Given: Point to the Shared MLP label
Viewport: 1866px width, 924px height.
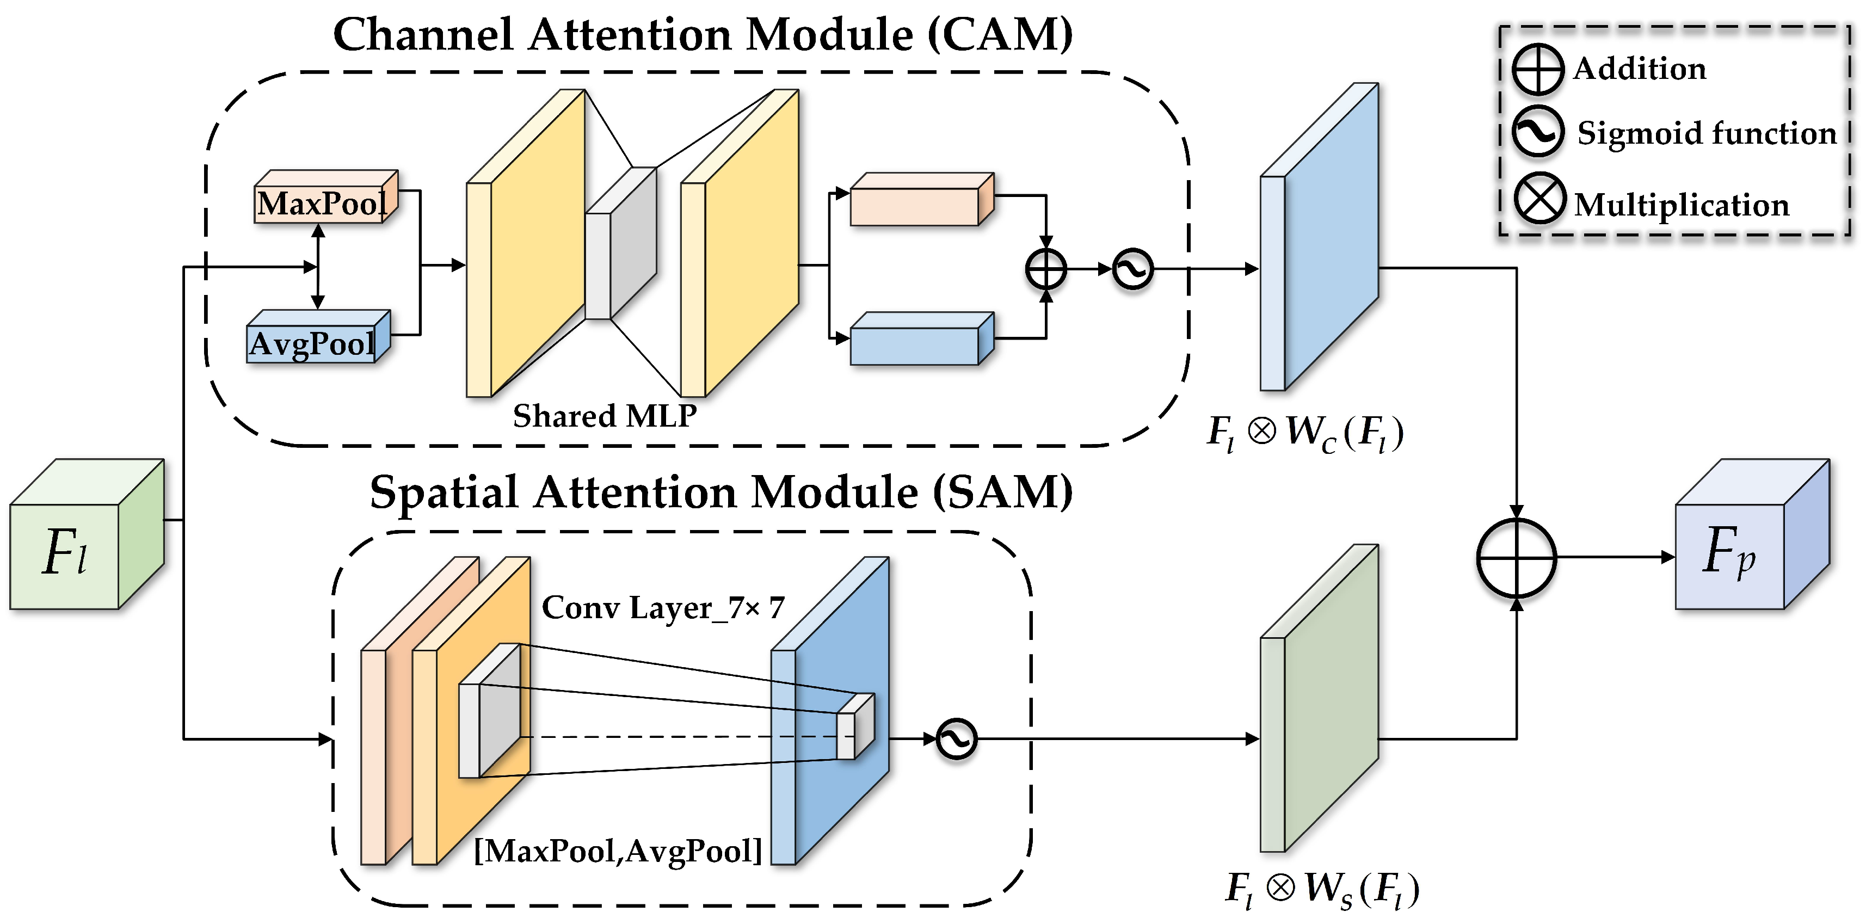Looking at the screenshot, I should [x=605, y=416].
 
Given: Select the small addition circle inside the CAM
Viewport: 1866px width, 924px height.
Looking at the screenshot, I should [x=1046, y=269].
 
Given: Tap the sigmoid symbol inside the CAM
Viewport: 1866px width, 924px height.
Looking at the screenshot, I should [x=1133, y=269].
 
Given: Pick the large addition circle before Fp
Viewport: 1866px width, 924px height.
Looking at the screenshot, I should [x=1516, y=558].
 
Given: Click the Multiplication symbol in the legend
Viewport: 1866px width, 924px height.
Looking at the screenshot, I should [x=1538, y=199].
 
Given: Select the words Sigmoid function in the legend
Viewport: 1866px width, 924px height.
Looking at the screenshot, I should [x=1707, y=133].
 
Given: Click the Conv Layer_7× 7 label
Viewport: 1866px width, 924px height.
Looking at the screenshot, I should [x=663, y=607].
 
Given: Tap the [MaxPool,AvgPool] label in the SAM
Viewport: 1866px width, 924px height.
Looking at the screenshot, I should [x=618, y=851].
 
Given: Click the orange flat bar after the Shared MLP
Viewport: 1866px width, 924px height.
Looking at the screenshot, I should [x=920, y=201].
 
